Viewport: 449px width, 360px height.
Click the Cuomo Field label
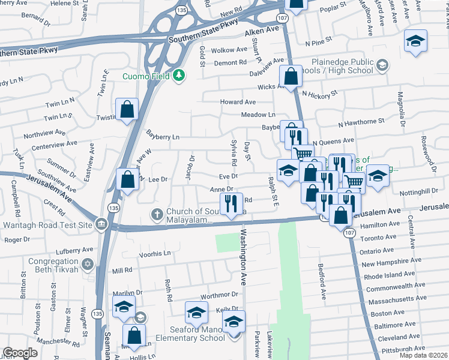tap(146, 76)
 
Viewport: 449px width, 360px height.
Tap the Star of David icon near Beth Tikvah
tap(88, 265)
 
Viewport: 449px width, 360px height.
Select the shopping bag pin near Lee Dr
tap(127, 178)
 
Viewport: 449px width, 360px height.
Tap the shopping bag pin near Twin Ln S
tap(127, 109)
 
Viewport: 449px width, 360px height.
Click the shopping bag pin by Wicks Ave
tap(291, 76)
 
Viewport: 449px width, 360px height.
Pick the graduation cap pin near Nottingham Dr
tap(378, 175)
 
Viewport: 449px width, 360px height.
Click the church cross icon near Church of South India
tap(157, 214)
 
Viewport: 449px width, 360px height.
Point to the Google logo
tap(20, 353)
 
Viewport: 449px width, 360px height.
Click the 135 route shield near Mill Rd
tap(96, 314)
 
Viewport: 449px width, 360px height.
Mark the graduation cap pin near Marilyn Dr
tap(124, 306)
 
